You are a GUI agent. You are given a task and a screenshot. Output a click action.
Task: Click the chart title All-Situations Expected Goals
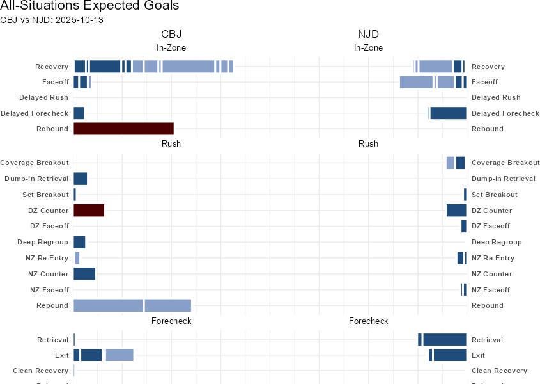point(89,6)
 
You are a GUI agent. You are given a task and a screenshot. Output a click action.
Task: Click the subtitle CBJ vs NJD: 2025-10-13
point(52,20)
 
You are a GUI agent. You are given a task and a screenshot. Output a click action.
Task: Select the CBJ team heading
point(171,35)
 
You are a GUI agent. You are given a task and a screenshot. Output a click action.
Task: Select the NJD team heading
point(368,35)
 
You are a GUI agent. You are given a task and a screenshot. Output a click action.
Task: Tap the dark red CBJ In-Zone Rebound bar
point(123,129)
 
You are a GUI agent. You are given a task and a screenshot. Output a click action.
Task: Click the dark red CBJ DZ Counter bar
point(89,211)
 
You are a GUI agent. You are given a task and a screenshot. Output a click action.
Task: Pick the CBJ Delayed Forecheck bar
point(79,113)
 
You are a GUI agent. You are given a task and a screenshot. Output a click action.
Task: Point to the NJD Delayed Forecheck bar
point(448,113)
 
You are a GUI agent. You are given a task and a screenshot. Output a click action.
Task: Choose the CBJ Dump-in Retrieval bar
point(80,179)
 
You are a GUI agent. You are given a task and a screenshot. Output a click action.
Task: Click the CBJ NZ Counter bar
point(84,274)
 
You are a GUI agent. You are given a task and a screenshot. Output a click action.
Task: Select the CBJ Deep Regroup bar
point(79,242)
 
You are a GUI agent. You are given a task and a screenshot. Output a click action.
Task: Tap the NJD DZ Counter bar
point(456,211)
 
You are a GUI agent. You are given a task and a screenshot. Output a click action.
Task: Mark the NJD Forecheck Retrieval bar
point(444,340)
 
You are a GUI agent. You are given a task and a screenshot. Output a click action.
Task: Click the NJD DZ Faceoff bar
point(464,226)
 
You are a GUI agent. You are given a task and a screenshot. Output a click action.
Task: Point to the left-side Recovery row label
point(51,67)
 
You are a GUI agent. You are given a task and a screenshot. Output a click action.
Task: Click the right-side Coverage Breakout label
point(505,163)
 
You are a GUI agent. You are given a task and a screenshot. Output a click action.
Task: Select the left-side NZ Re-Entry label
point(45,258)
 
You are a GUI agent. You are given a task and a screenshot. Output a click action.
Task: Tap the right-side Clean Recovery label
point(499,371)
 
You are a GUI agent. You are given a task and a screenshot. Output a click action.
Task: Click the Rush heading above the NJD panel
point(368,144)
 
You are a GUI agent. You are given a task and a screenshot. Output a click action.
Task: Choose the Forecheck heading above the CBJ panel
point(171,321)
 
